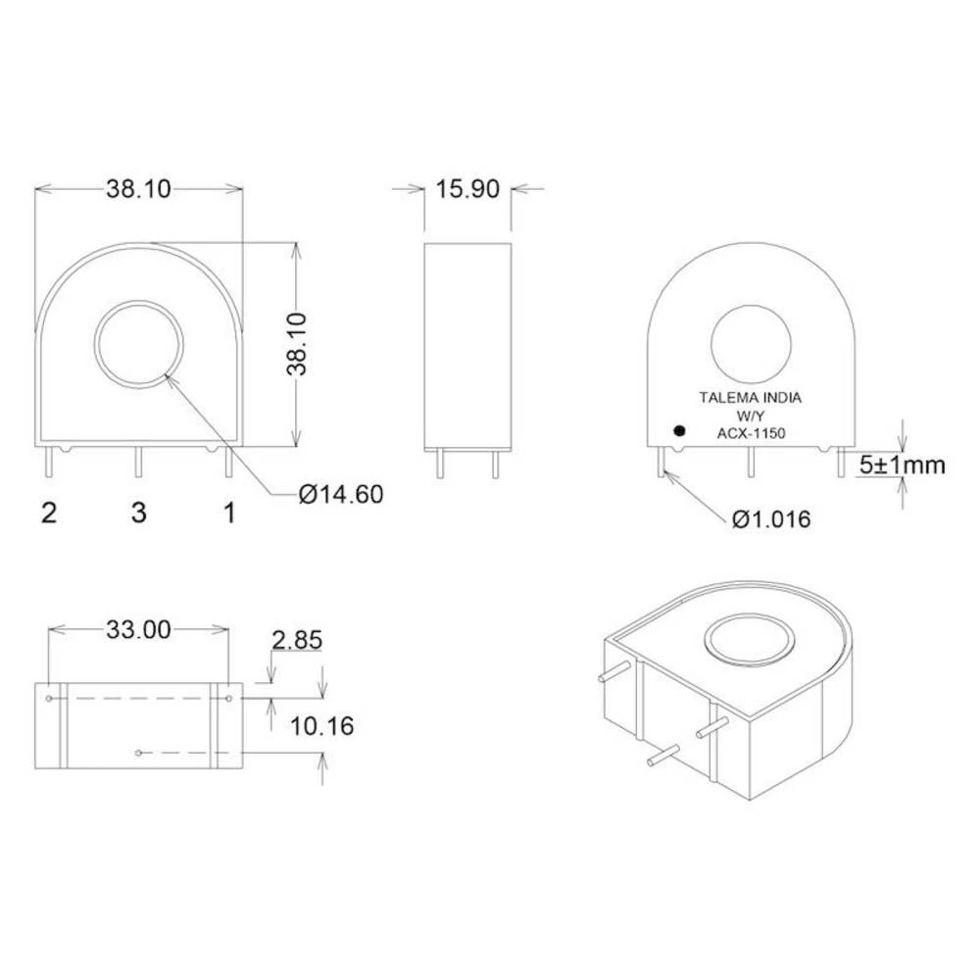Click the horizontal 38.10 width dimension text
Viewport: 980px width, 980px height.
point(138,189)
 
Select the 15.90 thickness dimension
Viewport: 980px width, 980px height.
point(467,189)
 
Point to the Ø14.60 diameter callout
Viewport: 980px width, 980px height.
point(340,495)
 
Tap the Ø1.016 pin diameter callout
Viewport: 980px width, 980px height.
point(771,518)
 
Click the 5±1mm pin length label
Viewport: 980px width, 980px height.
point(903,465)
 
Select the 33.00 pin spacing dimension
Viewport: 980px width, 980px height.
point(138,629)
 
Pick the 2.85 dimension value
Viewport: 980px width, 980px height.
point(297,641)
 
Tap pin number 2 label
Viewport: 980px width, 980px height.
point(48,512)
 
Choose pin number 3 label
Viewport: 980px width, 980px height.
point(139,512)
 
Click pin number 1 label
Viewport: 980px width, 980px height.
point(229,512)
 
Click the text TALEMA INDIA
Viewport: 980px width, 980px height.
point(750,398)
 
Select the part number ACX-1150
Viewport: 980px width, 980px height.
point(751,432)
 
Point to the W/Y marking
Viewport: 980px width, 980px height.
point(750,416)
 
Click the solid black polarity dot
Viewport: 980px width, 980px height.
point(677,430)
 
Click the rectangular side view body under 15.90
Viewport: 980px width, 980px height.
point(467,346)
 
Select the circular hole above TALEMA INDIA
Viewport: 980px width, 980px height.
point(751,344)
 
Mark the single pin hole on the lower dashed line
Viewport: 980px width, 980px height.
point(139,753)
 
